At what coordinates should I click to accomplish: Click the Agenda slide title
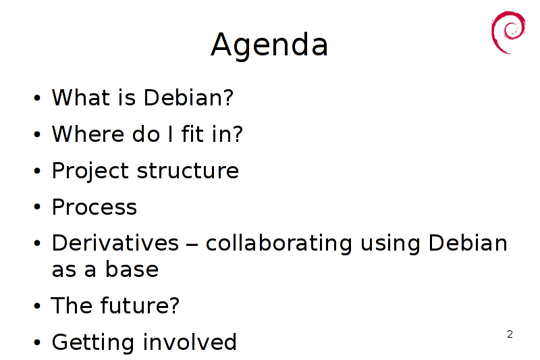tap(269, 45)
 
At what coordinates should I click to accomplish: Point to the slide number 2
tap(510, 334)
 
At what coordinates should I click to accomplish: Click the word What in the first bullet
tap(81, 97)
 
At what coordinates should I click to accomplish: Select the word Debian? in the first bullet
tap(189, 97)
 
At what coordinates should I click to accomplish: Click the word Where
tap(88, 134)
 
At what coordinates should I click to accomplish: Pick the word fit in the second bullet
tap(192, 134)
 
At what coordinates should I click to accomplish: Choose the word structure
tap(188, 171)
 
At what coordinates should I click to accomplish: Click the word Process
tap(94, 207)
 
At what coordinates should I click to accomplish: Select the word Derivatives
tap(115, 243)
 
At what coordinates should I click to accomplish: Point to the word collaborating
tap(279, 244)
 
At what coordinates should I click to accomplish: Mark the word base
tap(132, 269)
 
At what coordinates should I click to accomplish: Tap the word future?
tap(140, 305)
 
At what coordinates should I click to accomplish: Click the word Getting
tap(92, 342)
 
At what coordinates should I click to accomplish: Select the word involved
tap(190, 342)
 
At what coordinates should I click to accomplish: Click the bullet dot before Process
tap(37, 207)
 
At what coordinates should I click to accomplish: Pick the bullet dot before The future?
tap(37, 305)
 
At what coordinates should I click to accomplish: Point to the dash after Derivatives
tap(192, 245)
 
